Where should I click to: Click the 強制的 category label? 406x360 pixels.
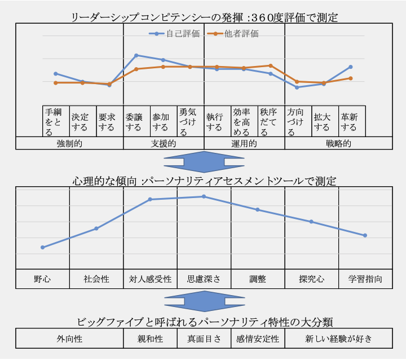pos(69,143)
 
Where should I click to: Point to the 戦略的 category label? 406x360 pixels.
pos(338,143)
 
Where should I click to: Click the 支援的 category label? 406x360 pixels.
pos(164,143)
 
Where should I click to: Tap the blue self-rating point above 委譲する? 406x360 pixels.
pos(136,55)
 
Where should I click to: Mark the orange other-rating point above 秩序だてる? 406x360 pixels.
pos(271,65)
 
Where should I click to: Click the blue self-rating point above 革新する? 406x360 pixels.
pos(351,67)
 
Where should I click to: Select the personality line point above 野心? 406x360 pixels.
pos(42,247)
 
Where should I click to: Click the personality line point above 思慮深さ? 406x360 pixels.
pos(204,196)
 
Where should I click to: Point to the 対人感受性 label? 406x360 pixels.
pos(150,279)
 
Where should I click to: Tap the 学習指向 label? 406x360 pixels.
pos(365,279)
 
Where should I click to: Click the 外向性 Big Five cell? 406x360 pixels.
pos(69,339)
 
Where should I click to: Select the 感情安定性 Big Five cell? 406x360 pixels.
pos(258,339)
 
